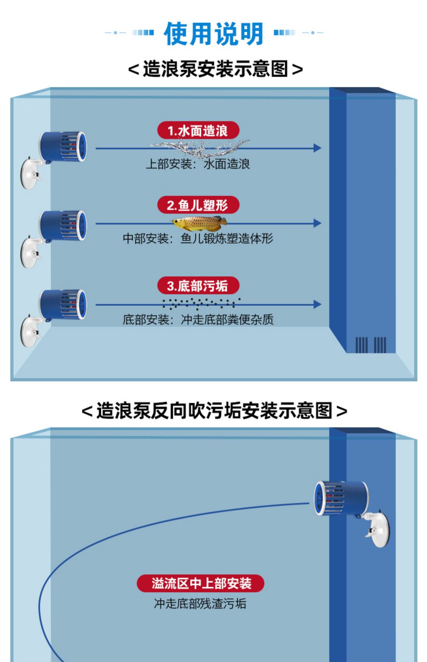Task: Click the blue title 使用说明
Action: coord(213,34)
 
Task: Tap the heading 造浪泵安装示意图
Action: coord(215,69)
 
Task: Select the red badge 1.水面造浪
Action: coord(198,131)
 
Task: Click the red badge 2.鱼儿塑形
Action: coord(198,205)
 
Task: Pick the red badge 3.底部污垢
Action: coord(198,285)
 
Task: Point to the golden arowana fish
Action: coord(199,223)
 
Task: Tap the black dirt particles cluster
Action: coord(201,303)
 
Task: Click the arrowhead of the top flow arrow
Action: coord(317,148)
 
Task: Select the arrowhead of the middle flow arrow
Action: coord(317,223)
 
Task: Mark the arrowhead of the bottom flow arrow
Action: coord(317,304)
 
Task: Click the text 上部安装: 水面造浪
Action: coord(198,164)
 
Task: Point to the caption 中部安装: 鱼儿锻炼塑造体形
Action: coord(198,239)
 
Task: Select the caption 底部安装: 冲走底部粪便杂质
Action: coord(198,320)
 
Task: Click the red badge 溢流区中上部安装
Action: coord(200,583)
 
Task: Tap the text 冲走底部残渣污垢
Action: coord(200,603)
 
